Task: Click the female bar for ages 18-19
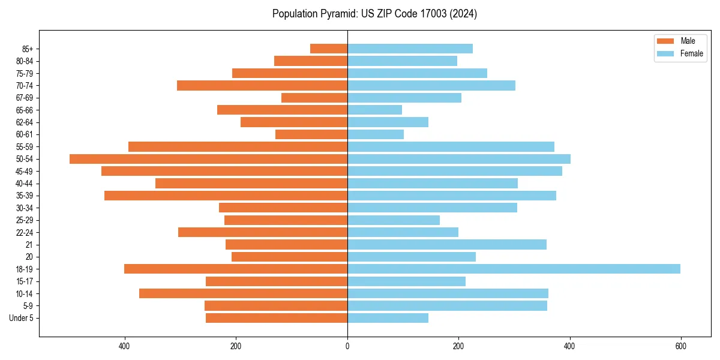[514, 269]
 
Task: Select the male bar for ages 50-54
[208, 159]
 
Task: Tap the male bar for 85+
[329, 49]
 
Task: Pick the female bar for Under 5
[388, 318]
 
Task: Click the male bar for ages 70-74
[262, 85]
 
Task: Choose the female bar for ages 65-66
[374, 110]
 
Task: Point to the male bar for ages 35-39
[226, 196]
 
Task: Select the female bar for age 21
[447, 244]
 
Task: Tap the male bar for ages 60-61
[311, 134]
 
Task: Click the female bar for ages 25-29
[394, 220]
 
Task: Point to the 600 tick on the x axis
[680, 346]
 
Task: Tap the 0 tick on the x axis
[347, 346]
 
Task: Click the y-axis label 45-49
[25, 171]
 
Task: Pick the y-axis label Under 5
[22, 318]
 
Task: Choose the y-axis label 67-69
[25, 98]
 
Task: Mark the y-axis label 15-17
[25, 281]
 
